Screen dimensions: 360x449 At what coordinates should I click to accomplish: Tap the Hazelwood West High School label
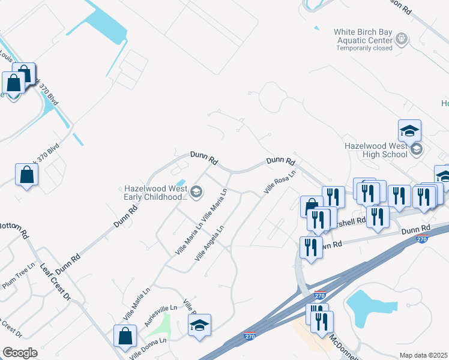tap(376, 149)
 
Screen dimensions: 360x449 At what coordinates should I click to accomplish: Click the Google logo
tap(20, 353)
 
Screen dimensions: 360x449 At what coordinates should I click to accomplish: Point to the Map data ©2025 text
tap(424, 355)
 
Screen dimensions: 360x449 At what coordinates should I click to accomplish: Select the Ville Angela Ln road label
tap(209, 243)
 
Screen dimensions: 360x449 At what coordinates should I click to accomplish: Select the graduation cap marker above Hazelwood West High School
tap(409, 130)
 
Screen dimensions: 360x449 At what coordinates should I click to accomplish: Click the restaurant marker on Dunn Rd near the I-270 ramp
tap(310, 247)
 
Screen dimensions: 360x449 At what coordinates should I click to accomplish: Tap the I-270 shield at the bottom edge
tap(250, 335)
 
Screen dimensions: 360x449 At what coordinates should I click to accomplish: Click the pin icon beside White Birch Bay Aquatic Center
tap(402, 40)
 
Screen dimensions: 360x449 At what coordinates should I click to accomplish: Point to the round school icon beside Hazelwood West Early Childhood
tap(197, 192)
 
